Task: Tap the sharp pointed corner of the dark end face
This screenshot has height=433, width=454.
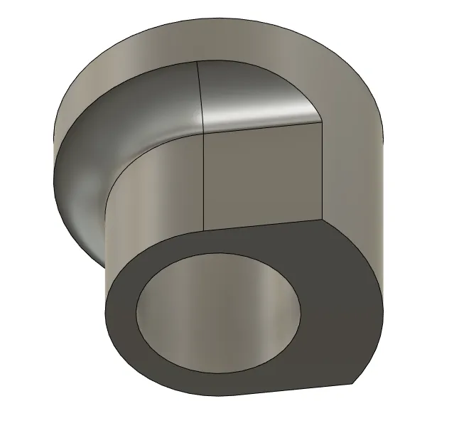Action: [352, 385]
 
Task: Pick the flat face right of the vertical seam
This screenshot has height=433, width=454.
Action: [263, 178]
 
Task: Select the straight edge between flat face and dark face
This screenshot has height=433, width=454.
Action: [263, 225]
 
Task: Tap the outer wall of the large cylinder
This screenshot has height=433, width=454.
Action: [355, 142]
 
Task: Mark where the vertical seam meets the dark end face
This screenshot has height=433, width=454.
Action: [205, 231]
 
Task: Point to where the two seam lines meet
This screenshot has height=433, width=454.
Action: [204, 132]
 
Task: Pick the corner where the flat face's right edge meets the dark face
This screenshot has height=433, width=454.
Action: [323, 220]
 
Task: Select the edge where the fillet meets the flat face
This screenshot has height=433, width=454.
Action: [263, 125]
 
